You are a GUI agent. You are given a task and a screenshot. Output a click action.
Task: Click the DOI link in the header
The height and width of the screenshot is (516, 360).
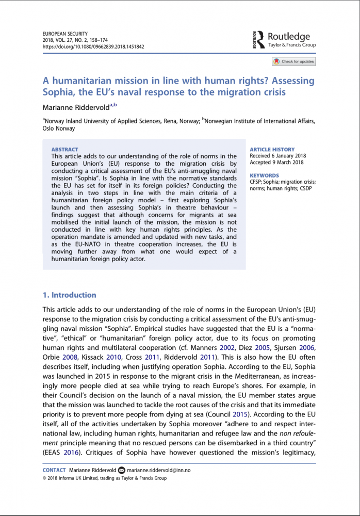pyautogui.click(x=93, y=46)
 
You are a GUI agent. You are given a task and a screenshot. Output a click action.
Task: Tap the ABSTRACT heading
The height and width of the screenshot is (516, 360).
pyautogui.click(x=65, y=150)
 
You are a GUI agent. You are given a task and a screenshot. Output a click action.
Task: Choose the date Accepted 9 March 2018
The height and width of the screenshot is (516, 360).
pyautogui.click(x=277, y=162)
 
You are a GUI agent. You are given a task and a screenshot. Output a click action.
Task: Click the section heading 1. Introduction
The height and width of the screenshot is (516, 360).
pyautogui.click(x=69, y=295)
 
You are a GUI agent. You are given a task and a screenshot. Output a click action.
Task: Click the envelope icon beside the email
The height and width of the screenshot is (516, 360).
pyautogui.click(x=122, y=470)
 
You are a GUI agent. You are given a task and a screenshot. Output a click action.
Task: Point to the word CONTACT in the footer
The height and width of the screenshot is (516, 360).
pyautogui.click(x=54, y=470)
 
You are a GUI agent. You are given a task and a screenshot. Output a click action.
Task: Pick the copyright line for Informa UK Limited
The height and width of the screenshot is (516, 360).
pyautogui.click(x=104, y=478)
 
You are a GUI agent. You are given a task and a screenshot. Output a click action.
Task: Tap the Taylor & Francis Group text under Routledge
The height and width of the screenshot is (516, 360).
pyautogui.click(x=292, y=45)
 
